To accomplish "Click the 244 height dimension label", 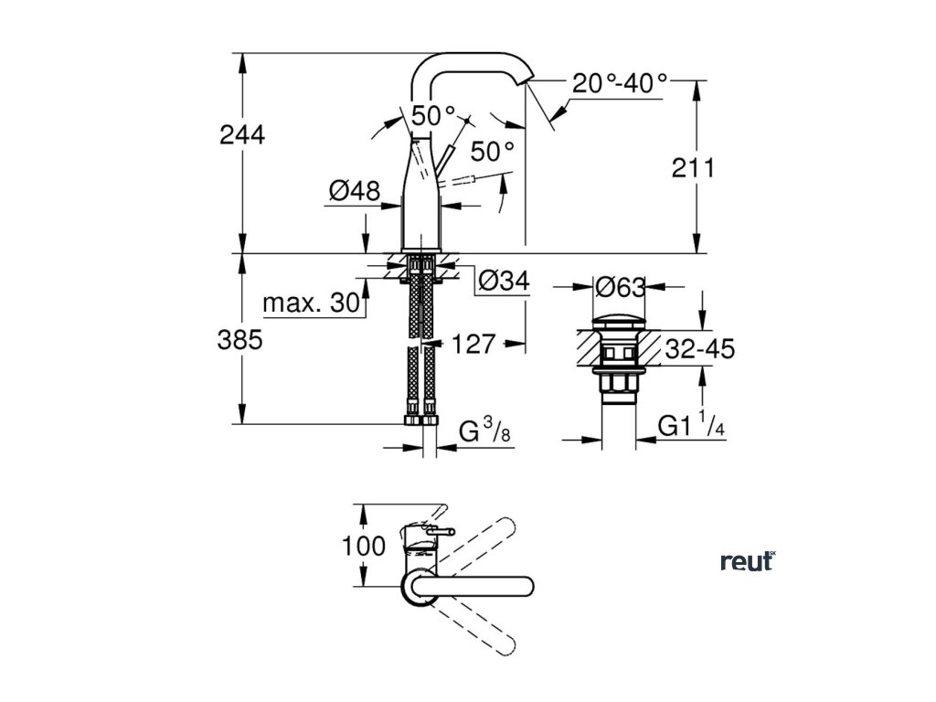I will pyautogui.click(x=242, y=135).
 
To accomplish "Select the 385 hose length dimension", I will pyautogui.click(x=241, y=340).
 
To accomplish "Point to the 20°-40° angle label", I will pyautogui.click(x=620, y=83).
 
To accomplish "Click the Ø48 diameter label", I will pyautogui.click(x=354, y=191).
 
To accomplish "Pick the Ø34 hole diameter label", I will pyautogui.click(x=504, y=282).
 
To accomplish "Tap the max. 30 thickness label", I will pyautogui.click(x=308, y=304).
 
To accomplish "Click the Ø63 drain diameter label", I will pyautogui.click(x=621, y=288).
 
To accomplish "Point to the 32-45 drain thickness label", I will pyautogui.click(x=699, y=348).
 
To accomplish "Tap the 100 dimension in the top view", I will pyautogui.click(x=364, y=547).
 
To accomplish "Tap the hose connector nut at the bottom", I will pyautogui.click(x=421, y=421).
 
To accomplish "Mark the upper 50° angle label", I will pyautogui.click(x=432, y=116).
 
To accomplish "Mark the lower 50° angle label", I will pyautogui.click(x=493, y=148).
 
